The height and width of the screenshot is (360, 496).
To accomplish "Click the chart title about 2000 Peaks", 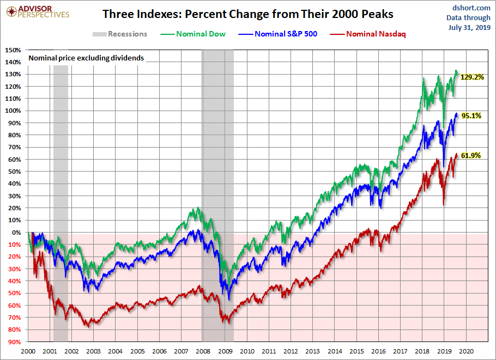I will (x=248, y=14).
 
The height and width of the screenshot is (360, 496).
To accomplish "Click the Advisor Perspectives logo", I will (x=37, y=12).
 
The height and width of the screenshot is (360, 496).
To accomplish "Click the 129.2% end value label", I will (x=472, y=77).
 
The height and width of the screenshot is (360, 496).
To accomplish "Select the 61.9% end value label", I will (x=471, y=155).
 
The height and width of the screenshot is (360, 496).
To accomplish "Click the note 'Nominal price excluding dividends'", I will (x=86, y=58).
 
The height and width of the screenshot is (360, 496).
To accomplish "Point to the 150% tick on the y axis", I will (x=13, y=50).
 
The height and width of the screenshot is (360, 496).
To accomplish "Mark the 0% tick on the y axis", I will (x=17, y=233).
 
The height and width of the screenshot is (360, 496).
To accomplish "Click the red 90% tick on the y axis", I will (x=15, y=342).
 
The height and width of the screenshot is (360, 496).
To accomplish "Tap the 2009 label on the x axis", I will (x=225, y=351).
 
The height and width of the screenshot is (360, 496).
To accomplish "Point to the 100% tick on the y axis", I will (x=13, y=111).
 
